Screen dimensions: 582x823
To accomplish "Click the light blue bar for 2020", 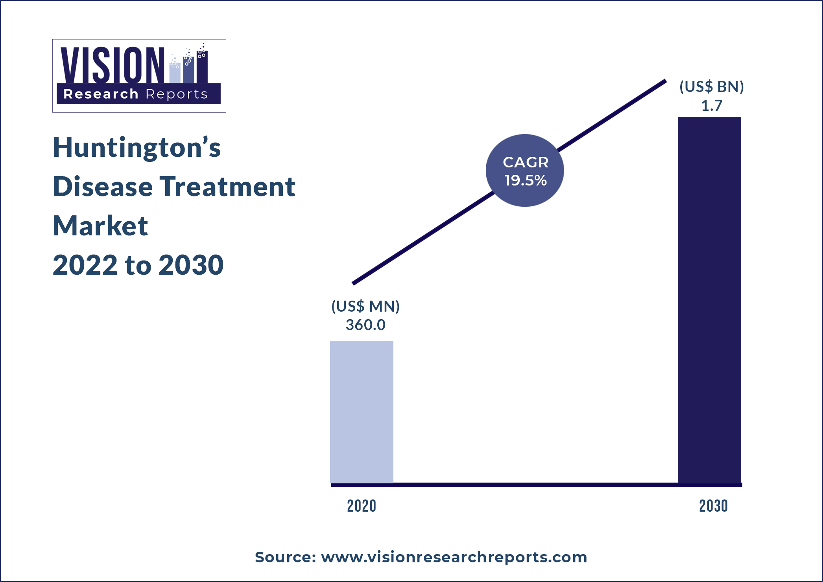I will [362, 411].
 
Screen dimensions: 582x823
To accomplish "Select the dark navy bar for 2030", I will [709, 299].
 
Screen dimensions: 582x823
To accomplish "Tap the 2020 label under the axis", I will [362, 506].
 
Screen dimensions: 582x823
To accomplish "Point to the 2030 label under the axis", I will [713, 506].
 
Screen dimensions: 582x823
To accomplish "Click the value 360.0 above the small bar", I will [365, 325].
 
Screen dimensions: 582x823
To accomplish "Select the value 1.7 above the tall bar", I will [712, 106].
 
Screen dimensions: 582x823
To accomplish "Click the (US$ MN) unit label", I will [365, 306].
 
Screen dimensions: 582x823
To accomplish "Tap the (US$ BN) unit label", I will [712, 87].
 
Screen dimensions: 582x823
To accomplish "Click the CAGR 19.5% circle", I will [525, 171].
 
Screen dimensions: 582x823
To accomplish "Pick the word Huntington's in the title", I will [137, 147].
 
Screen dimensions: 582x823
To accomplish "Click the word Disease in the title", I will [103, 186].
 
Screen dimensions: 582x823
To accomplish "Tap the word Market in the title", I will [100, 226].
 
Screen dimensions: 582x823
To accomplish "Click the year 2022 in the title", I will [85, 265].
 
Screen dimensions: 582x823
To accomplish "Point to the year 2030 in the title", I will [191, 265].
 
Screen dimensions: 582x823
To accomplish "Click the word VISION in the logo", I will [113, 65].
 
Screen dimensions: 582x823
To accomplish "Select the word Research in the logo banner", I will [101, 94].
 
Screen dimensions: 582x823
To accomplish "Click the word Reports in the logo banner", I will [176, 94].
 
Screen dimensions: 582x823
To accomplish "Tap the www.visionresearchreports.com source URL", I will [454, 557].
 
